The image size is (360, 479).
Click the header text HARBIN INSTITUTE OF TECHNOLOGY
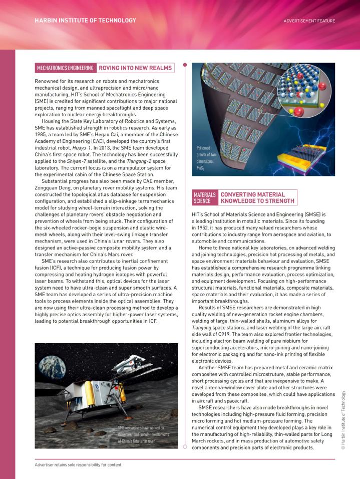coord(85,21)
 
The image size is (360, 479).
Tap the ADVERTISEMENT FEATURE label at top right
coord(309,21)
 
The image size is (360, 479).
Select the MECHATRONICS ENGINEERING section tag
coord(65,68)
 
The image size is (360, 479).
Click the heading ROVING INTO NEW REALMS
coord(135,68)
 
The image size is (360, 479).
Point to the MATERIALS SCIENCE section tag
coord(205,197)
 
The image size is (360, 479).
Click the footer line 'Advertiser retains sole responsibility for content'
coord(78,464)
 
